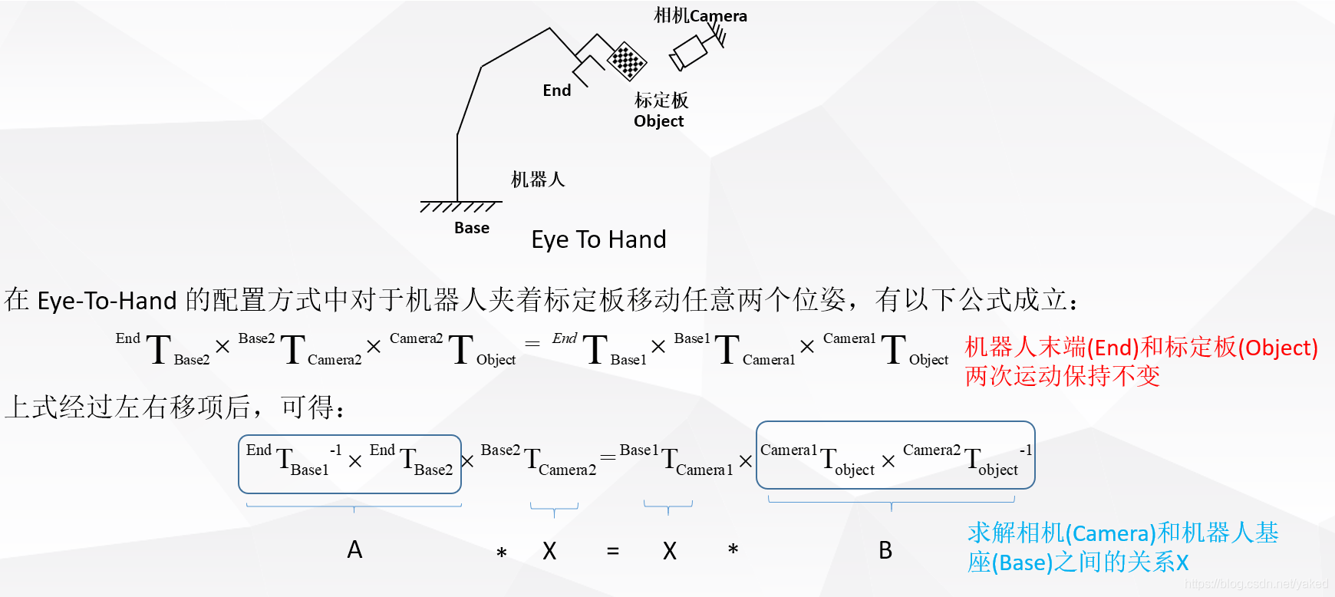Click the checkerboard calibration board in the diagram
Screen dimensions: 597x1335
point(627,61)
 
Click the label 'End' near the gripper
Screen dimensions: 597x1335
point(557,91)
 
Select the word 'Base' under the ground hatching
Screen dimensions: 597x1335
point(472,228)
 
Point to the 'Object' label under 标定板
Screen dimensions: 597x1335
point(658,121)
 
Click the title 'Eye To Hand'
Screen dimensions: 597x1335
point(598,239)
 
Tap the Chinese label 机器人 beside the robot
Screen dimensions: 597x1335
point(538,180)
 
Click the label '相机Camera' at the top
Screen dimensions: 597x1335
point(700,15)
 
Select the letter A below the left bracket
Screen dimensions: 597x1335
point(354,549)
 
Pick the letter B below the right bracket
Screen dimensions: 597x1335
point(885,550)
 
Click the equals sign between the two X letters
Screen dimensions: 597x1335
point(612,551)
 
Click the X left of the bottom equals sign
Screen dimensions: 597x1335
point(549,551)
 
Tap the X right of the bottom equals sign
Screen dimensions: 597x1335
point(670,551)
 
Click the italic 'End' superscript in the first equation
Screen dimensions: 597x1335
point(565,338)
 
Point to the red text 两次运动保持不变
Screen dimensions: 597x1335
point(1062,376)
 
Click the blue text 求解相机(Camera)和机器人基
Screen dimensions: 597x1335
point(1122,533)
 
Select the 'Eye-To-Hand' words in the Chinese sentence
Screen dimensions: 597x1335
point(107,300)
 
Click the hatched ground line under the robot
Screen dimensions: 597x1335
point(460,206)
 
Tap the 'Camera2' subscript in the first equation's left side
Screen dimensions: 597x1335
point(335,360)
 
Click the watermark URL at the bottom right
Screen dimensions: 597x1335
point(1256,584)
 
